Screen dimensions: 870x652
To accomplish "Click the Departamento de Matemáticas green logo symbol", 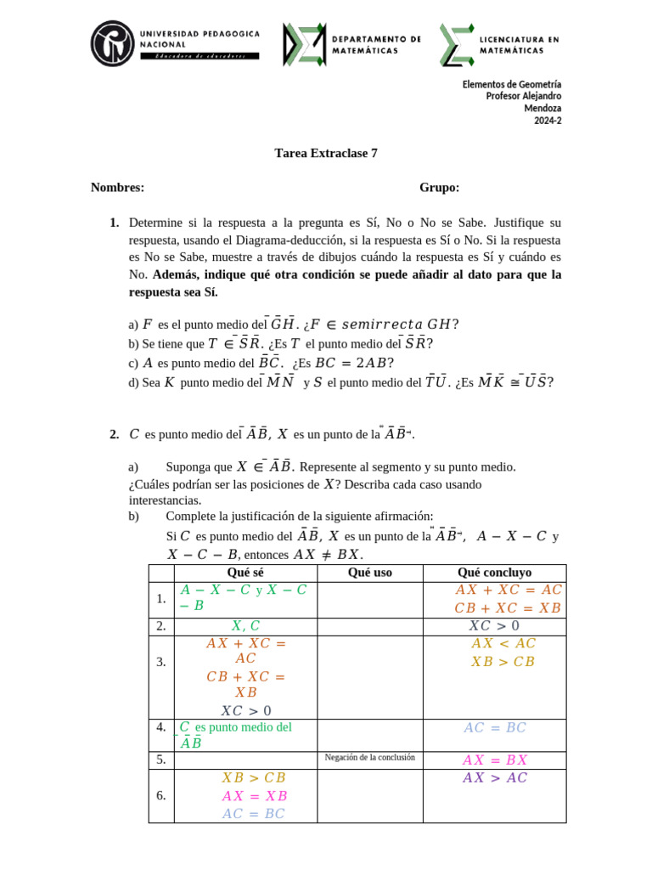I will point(302,44).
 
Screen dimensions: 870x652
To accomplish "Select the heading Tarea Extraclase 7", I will point(326,154).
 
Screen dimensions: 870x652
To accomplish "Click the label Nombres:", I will point(117,188).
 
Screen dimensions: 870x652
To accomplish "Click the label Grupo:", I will point(439,188).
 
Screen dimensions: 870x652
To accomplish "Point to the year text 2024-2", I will point(548,121).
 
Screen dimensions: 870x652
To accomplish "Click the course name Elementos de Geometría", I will point(511,85).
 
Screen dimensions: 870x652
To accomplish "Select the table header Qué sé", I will point(244,573).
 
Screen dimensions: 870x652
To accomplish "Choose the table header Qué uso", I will point(369,573).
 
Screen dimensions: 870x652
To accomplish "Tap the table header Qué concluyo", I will point(494,573).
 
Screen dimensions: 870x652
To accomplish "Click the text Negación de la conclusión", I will point(369,757).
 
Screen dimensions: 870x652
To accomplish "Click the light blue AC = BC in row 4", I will point(495,728).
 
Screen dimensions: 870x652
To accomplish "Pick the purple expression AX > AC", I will point(495,778).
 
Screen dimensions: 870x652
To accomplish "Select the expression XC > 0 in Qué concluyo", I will point(494,626).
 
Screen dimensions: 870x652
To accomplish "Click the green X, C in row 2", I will point(244,626).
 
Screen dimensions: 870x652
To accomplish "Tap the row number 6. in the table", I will point(161,796).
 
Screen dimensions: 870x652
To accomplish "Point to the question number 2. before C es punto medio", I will point(114,434).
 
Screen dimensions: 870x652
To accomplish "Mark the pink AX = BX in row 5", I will point(495,760).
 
